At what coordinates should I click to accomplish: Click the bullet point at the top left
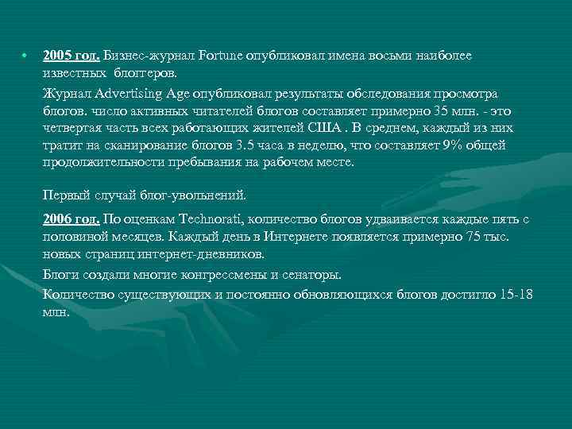[25, 56]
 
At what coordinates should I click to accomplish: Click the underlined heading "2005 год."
[71, 56]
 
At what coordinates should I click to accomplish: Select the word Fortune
[221, 56]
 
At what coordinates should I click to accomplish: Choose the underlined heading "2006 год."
[71, 219]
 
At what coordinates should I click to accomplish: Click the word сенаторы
[311, 275]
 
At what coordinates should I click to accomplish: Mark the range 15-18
[517, 295]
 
